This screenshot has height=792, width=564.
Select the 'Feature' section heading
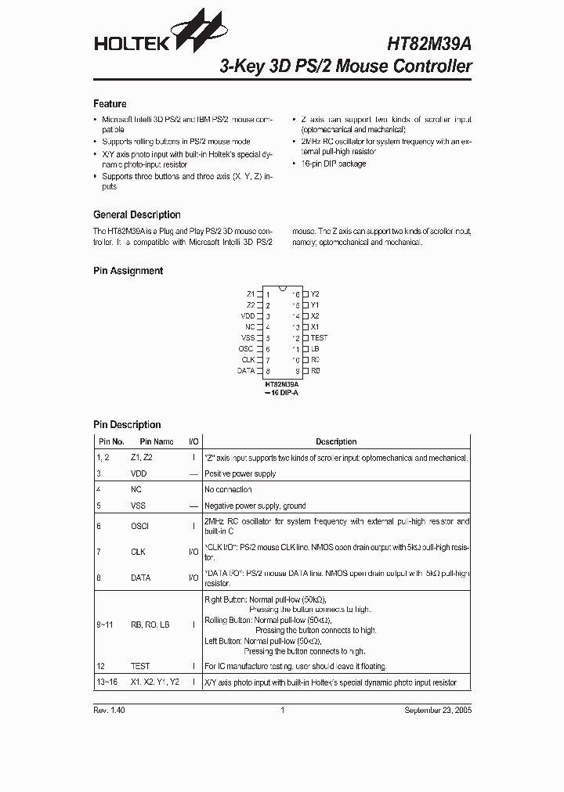click(110, 104)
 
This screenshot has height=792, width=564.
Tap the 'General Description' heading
click(136, 214)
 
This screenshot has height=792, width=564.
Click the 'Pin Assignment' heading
click(128, 271)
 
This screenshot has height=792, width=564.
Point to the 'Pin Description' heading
click(127, 425)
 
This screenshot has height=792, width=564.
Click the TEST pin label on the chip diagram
click(319, 337)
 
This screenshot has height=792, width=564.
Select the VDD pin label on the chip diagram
click(248, 315)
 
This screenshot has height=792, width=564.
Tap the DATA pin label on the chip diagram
click(246, 370)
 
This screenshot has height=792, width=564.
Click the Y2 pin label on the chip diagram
click(315, 293)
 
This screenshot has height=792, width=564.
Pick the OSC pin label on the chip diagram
click(246, 348)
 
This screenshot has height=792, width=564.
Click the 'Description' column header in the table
click(336, 442)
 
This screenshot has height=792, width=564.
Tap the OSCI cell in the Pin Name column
click(139, 527)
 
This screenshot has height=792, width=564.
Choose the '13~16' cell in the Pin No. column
click(107, 682)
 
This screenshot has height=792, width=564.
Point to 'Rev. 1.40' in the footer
click(110, 711)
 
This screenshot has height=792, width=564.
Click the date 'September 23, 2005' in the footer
click(437, 711)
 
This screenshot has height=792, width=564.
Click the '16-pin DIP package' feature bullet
click(333, 164)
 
